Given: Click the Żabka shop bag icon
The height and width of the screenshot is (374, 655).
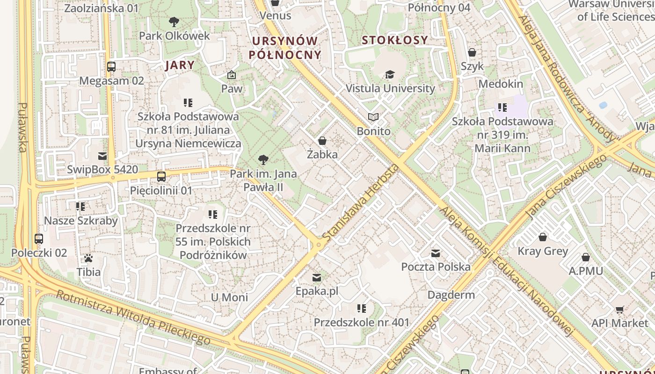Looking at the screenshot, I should click(x=322, y=140).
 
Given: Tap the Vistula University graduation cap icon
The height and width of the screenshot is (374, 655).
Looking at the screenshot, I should click(x=389, y=75).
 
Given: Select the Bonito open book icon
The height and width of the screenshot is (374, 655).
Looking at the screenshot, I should click(x=373, y=117).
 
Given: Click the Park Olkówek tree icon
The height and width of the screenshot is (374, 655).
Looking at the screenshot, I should click(x=174, y=22).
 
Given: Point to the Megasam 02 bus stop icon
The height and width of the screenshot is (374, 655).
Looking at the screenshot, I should click(x=111, y=67).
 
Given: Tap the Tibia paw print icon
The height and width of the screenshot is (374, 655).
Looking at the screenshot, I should click(x=88, y=258).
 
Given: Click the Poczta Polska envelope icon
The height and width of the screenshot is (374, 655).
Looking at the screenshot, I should click(x=436, y=253).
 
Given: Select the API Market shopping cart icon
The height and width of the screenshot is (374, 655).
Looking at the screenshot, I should click(x=620, y=309).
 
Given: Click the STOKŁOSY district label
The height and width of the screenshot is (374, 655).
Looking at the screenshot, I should click(x=395, y=40).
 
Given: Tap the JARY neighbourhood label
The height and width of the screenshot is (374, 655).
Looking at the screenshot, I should click(x=180, y=65).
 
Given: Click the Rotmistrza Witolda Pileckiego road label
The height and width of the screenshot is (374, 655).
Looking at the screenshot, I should click(x=133, y=317).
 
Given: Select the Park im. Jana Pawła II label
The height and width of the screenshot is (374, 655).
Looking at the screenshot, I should click(x=263, y=181).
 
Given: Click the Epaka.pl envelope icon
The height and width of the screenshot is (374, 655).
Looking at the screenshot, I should click(x=317, y=278).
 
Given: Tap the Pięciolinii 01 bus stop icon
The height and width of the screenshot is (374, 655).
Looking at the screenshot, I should click(x=161, y=177).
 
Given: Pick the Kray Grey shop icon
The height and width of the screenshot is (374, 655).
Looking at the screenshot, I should click(x=543, y=237).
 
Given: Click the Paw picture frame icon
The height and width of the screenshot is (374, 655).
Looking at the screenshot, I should click(x=231, y=75).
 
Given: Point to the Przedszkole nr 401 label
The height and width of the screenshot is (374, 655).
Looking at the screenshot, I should click(x=361, y=323).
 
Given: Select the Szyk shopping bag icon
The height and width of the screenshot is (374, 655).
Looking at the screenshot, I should click(x=472, y=52).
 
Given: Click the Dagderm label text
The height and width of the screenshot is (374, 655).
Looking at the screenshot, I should click(x=451, y=295).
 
